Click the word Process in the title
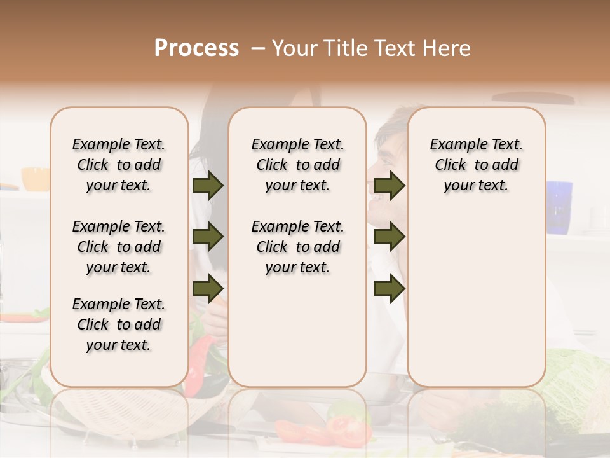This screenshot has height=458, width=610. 196,48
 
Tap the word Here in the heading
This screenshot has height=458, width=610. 449,48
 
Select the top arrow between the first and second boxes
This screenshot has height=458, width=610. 208,185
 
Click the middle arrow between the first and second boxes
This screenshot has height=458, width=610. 208,237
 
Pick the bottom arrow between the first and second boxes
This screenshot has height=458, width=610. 208,288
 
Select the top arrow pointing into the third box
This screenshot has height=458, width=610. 389,185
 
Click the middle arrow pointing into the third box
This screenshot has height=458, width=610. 389,237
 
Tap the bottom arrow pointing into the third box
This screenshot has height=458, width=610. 389,288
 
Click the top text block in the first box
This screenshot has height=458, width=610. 119,165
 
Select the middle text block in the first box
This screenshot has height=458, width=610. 119,247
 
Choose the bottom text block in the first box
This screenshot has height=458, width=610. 119,324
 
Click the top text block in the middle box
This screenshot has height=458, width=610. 297,165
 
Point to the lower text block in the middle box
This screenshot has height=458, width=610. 297,247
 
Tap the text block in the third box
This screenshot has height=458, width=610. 476,165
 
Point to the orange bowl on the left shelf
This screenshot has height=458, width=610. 35,179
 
